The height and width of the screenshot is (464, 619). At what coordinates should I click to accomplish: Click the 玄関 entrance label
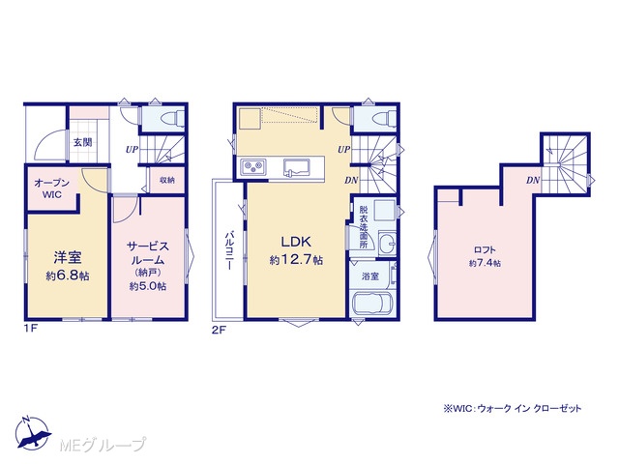pos(83,142)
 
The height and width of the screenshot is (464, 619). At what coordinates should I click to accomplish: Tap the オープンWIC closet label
pos(51,188)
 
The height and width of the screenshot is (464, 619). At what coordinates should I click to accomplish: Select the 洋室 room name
pos(68,257)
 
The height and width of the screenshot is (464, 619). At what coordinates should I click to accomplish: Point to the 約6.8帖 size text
pos(68,275)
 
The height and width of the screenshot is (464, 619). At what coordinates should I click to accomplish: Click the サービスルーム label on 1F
pos(148,253)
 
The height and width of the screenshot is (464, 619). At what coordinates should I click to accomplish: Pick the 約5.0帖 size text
pos(148,286)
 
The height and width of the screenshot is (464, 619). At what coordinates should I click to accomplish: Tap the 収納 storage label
pos(167,181)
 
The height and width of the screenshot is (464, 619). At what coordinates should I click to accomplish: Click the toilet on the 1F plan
pos(174,117)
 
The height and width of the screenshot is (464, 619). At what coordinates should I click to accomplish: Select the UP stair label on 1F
pos(132,150)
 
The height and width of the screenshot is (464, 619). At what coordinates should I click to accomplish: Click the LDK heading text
pos(296,242)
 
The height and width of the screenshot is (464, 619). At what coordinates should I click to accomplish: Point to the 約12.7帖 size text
pos(296,260)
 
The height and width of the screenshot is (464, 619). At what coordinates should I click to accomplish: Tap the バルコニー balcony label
pos(229,250)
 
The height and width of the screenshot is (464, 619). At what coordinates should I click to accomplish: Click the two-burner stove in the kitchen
pos(252,165)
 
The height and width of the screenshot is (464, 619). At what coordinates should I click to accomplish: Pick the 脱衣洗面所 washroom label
pos(364,227)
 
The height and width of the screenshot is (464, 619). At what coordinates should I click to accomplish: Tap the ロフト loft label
pos(485,249)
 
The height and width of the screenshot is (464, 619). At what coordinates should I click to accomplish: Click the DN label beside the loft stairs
pos(533,181)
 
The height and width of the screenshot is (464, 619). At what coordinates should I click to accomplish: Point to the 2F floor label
pos(219,331)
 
